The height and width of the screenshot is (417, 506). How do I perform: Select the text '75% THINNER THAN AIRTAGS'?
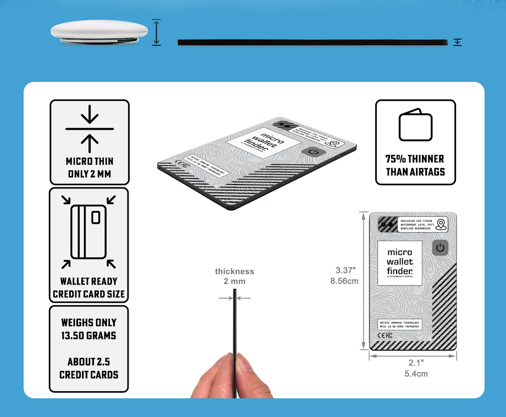tap(415, 165)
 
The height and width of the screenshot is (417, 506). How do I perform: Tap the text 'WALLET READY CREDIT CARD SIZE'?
tap(88, 287)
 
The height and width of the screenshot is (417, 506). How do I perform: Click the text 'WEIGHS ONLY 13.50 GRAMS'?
tap(89, 329)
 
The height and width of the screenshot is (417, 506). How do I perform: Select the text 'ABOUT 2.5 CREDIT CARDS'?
tap(89, 368)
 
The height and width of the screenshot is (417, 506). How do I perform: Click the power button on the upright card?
tap(440, 248)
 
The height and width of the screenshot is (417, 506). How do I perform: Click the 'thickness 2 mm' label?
tap(235, 276)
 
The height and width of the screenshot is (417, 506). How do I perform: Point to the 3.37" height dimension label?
tap(346, 270)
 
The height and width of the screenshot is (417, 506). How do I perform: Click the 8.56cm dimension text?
tap(344, 281)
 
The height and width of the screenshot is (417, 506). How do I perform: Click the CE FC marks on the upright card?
tap(385, 335)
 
